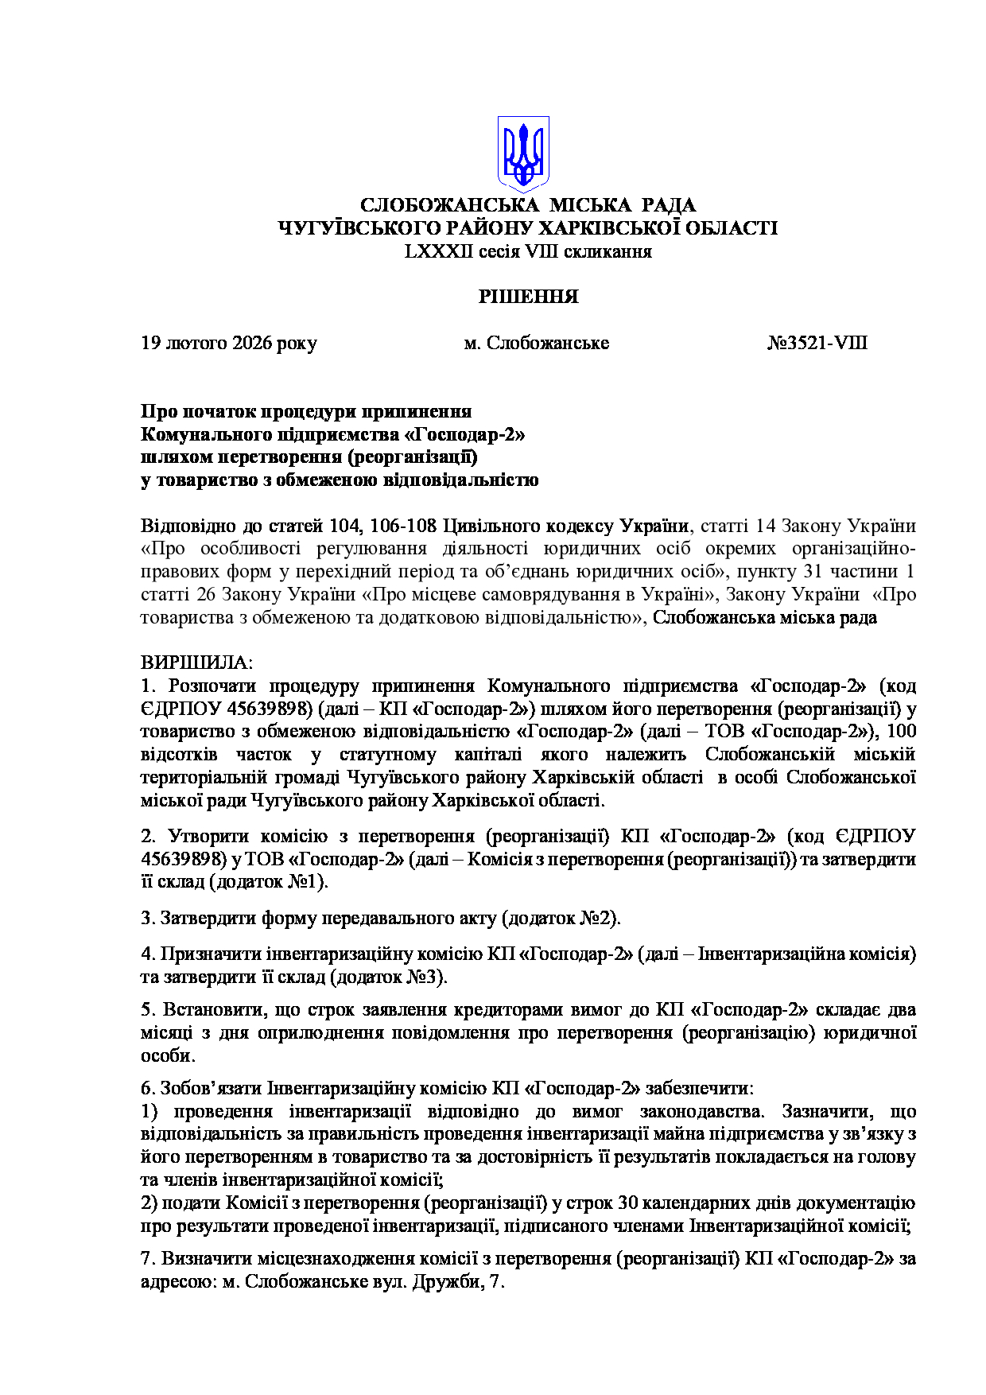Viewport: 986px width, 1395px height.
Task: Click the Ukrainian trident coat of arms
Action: (523, 153)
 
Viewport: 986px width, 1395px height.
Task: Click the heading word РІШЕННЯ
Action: (528, 297)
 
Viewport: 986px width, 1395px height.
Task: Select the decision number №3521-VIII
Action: (817, 344)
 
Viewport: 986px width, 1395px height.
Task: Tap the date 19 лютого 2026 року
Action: (229, 344)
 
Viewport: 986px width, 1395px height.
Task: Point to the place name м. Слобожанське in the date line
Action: (536, 344)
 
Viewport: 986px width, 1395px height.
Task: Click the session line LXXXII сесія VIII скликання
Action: (528, 252)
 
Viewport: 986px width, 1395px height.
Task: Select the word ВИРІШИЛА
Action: (196, 663)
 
